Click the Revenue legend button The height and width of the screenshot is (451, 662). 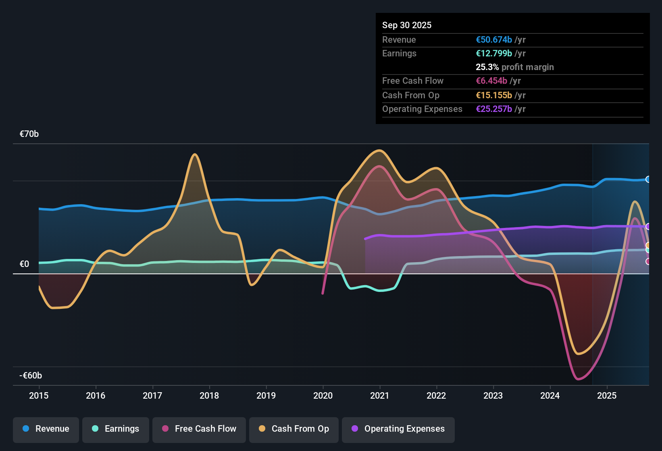[x=46, y=429]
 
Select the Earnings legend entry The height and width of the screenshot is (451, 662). [x=116, y=429]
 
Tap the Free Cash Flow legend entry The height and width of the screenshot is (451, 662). [x=199, y=429]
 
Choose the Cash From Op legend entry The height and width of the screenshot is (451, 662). [x=294, y=429]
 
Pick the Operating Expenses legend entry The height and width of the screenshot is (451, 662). [x=398, y=429]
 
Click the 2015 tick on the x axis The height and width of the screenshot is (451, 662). [x=39, y=395]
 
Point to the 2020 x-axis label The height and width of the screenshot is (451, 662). [x=323, y=395]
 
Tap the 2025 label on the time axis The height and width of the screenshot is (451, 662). [x=607, y=395]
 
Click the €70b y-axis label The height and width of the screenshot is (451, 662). [x=29, y=134]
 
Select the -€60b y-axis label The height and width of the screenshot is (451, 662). [x=31, y=376]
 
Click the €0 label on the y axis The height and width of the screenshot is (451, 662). [x=24, y=264]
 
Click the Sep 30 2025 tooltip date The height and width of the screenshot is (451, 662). [x=407, y=25]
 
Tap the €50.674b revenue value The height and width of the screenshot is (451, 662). [x=494, y=40]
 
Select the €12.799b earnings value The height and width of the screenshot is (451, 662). [x=494, y=54]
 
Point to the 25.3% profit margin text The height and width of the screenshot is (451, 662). [x=514, y=67]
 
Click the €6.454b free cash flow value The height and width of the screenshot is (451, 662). [x=491, y=81]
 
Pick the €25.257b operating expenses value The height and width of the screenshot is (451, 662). [x=494, y=109]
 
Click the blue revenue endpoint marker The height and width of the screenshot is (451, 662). [x=648, y=179]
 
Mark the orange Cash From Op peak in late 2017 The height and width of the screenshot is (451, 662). [x=195, y=154]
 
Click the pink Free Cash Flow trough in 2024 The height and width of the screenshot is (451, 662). [x=578, y=379]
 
